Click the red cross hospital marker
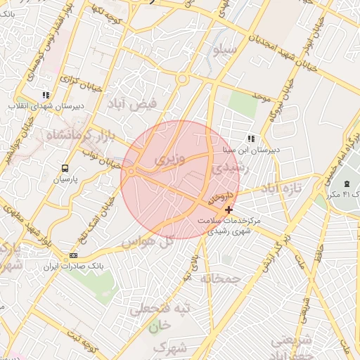click(x=229, y=210)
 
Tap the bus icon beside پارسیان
click(x=65, y=168)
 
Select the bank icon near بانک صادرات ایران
click(x=74, y=255)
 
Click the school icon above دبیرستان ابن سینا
click(x=251, y=139)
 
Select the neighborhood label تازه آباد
click(x=281, y=188)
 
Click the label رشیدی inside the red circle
click(x=226, y=169)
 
